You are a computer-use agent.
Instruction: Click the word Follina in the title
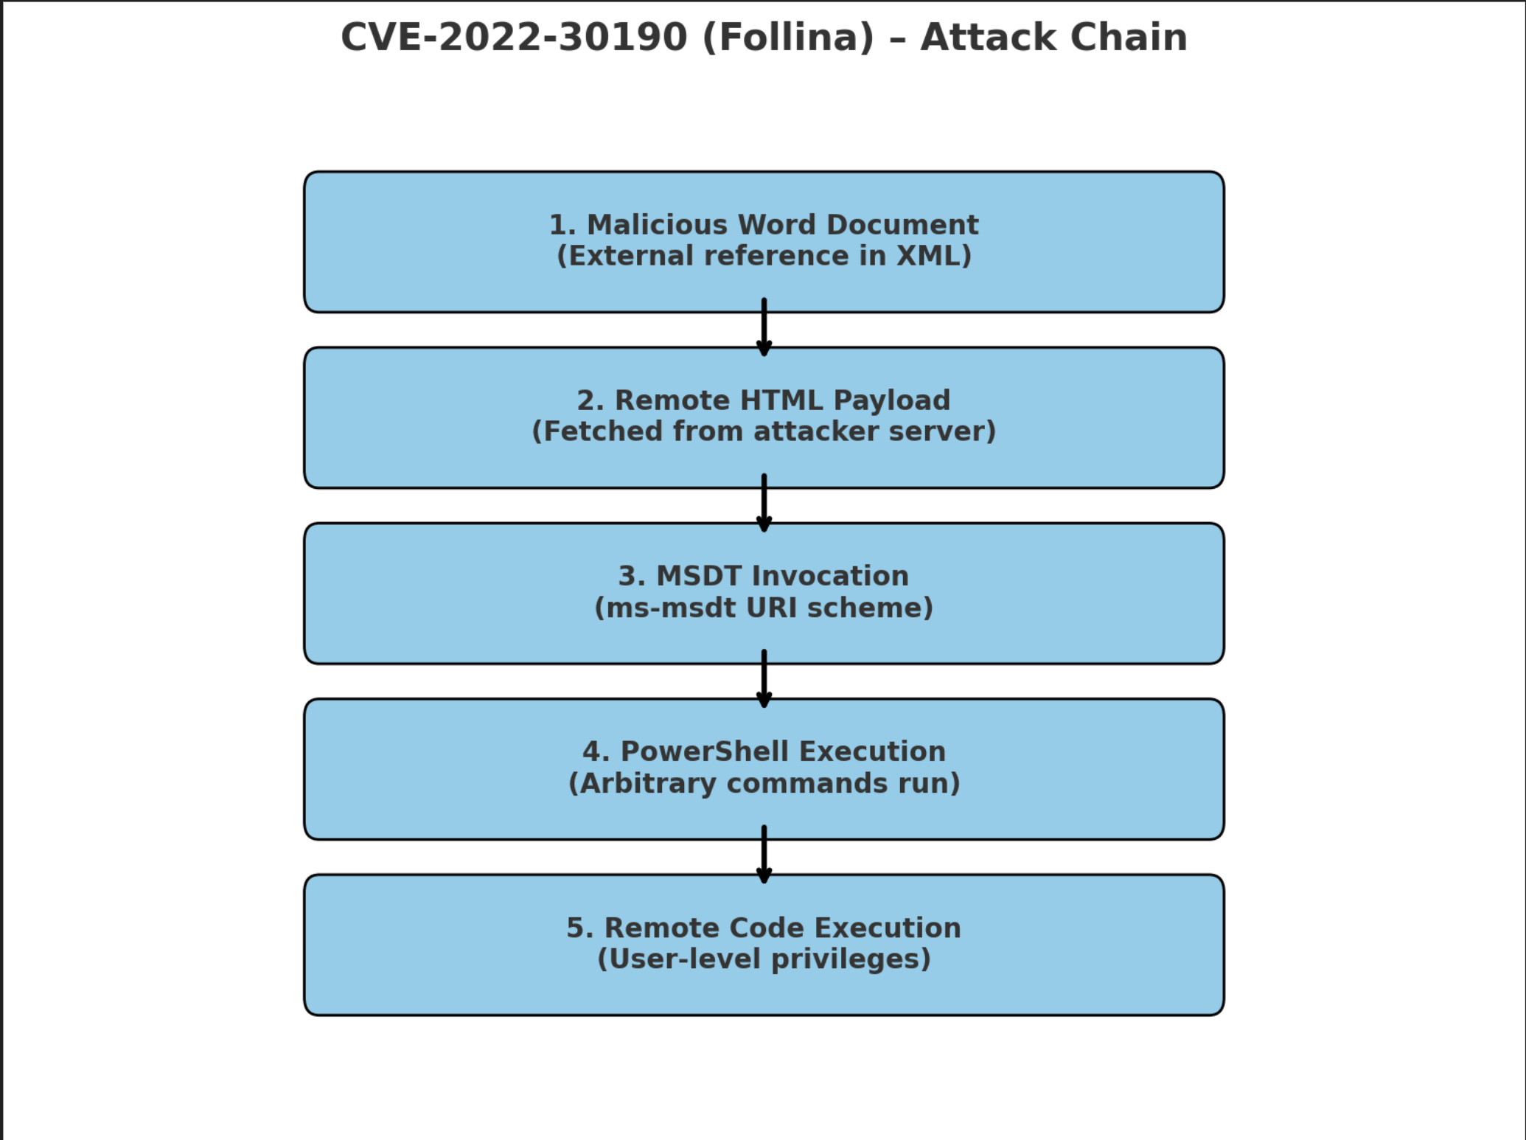[x=788, y=37]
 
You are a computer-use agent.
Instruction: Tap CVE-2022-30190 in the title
[x=514, y=37]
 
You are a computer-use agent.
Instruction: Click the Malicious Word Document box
[x=764, y=241]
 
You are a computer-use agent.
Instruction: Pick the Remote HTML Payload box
[x=764, y=417]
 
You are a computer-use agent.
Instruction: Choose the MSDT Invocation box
[x=764, y=593]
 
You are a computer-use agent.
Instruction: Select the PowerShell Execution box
[x=764, y=768]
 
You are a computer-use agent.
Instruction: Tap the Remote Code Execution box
[x=764, y=944]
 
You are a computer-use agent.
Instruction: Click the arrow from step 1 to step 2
[x=764, y=329]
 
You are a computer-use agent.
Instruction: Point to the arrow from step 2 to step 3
[x=764, y=504]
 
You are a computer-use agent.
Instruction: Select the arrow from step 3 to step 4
[x=764, y=680]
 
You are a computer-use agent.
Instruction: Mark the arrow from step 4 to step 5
[x=764, y=855]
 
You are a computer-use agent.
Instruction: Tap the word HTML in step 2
[x=781, y=400]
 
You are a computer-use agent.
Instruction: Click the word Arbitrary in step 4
[x=647, y=783]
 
